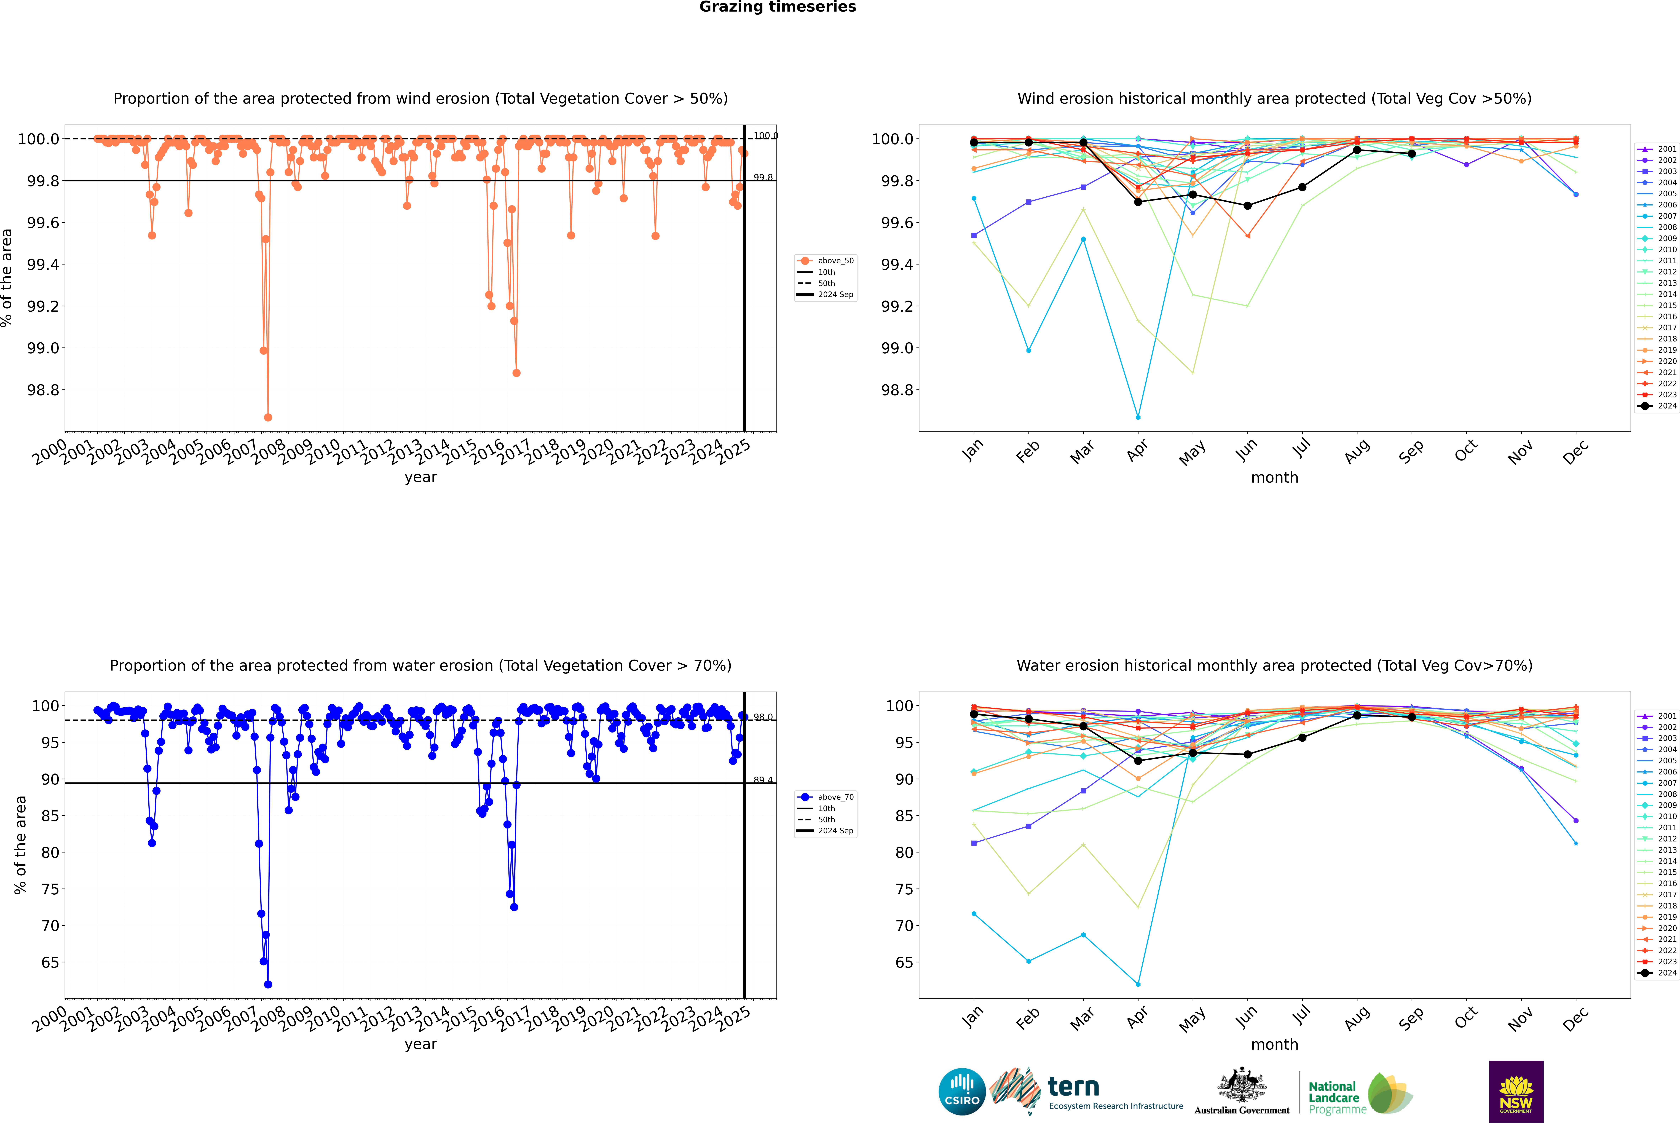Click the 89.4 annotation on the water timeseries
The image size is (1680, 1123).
[763, 780]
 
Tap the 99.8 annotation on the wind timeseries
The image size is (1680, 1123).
[763, 178]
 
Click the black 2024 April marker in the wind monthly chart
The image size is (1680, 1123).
[1138, 202]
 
